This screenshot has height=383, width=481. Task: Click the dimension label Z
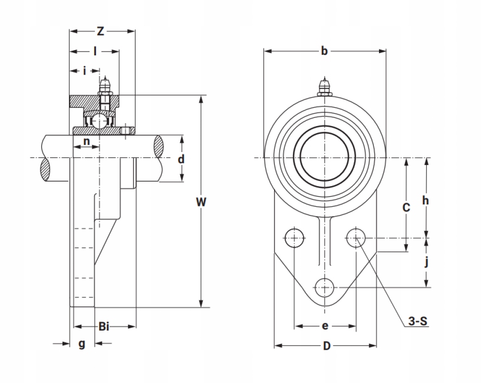pos(100,32)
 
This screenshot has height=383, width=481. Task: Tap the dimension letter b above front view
pos(324,51)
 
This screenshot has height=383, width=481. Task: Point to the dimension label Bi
pos(104,327)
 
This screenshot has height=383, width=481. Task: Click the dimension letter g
pos(82,344)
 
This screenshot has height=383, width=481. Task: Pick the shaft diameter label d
pos(181,159)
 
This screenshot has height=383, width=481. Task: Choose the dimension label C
pos(406,207)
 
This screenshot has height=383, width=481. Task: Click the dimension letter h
pos(425,201)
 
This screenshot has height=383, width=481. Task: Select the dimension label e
pos(325,327)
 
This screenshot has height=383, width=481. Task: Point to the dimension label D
pos(327,346)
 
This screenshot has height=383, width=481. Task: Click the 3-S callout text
pos(417,321)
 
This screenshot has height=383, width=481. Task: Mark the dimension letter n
pos(87,141)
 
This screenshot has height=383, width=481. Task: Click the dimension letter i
pos(84,71)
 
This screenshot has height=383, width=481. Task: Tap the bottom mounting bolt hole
pos(325,288)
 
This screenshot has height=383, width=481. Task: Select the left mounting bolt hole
pos(294,238)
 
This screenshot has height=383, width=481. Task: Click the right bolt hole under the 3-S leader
pos(356,237)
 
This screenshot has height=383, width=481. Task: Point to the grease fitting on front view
pos(325,88)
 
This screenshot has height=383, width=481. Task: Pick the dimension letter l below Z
pos(95,51)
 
